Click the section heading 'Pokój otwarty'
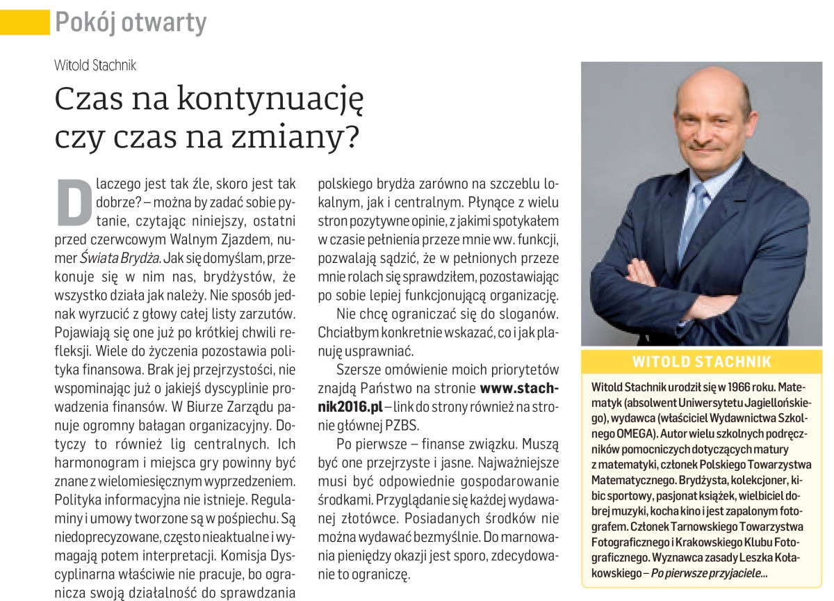coord(131,23)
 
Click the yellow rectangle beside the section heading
coord(24,23)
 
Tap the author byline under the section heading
coord(95,65)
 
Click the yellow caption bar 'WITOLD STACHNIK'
coord(702,361)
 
